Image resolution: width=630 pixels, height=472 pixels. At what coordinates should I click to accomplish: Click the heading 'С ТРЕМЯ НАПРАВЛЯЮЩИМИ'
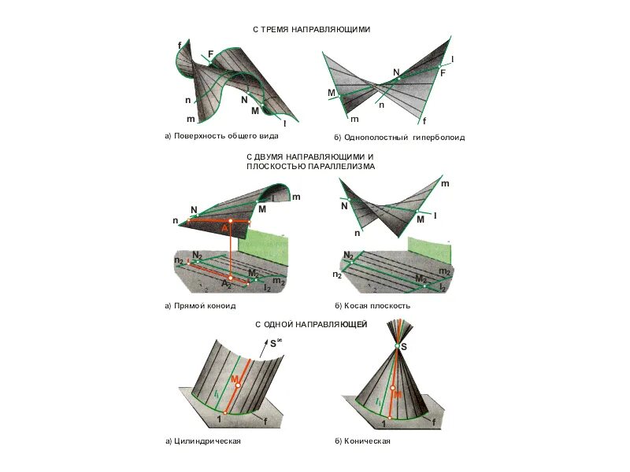(x=311, y=29)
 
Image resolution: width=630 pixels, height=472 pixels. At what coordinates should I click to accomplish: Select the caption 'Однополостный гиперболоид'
(x=404, y=137)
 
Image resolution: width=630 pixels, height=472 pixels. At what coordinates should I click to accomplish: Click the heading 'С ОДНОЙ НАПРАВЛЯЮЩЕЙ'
(x=311, y=324)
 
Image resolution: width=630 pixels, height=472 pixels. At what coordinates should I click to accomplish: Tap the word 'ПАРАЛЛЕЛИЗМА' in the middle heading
(x=339, y=167)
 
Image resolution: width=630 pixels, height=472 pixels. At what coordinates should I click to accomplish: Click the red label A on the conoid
(x=224, y=228)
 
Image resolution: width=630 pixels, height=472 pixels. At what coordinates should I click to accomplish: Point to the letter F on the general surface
(x=210, y=53)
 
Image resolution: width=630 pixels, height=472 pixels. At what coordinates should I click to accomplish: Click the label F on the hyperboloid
(x=443, y=72)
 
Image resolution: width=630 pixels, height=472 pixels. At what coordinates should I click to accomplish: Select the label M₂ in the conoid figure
(x=253, y=273)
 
